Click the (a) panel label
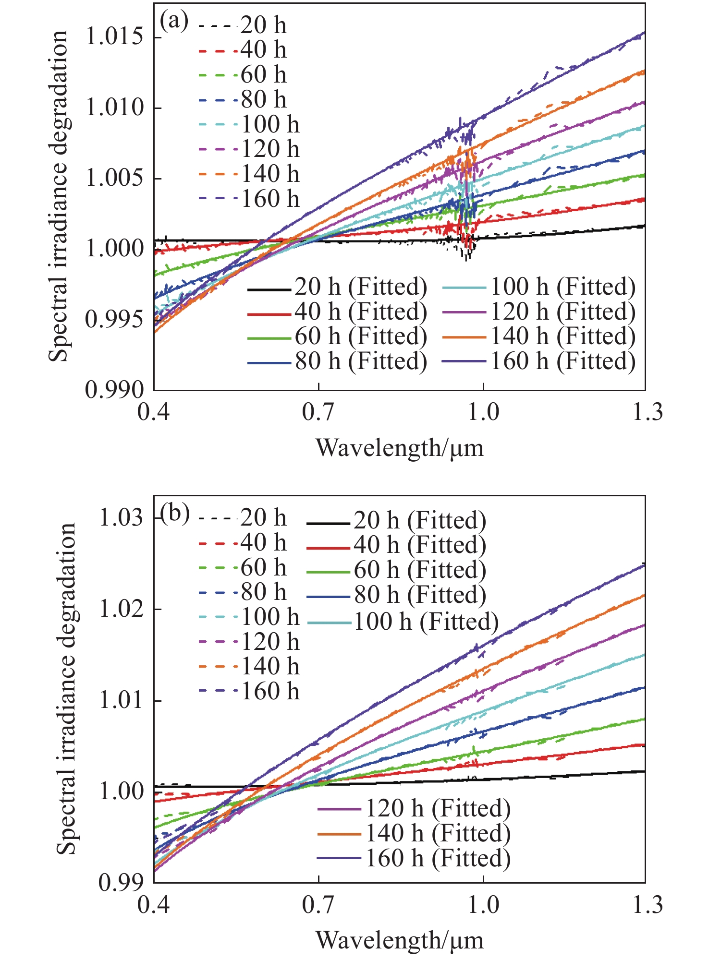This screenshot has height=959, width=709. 173,22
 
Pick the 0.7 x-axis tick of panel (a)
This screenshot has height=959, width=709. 318,412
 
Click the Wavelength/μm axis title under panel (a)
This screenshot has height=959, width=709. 400,448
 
